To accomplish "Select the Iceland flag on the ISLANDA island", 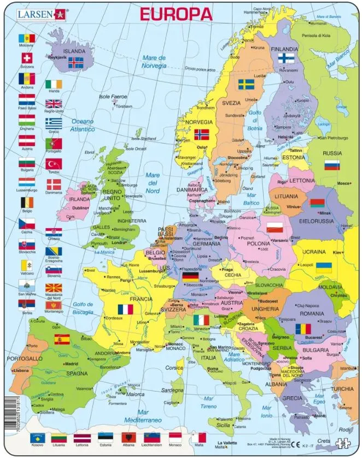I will click(75, 63).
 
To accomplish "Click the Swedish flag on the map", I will click(246, 85).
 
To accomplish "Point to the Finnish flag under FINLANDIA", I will click(287, 58).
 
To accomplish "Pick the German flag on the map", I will click(190, 277).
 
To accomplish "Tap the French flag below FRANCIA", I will click(125, 309).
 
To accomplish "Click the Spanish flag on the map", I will click(62, 339).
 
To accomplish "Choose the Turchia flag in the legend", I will click(54, 164).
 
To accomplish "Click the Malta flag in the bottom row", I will click(198, 438).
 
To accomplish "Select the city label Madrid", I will click(71, 364).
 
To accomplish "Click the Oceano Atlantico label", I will click(82, 125).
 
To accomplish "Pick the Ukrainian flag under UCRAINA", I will click(324, 267).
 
